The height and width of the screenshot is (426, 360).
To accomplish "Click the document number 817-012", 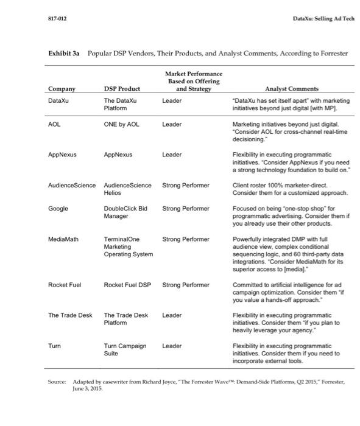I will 58,19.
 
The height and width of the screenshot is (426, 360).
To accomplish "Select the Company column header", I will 61,89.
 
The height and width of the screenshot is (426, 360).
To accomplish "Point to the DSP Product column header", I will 122,89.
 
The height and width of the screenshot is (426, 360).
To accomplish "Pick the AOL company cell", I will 54,124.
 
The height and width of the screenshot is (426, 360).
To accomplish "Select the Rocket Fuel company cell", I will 65,285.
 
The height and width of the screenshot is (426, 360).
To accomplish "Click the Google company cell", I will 58,208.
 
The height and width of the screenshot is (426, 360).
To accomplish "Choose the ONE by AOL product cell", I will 122,124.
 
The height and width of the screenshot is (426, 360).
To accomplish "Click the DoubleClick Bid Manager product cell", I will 125,212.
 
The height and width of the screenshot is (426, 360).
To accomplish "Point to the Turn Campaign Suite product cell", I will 125,349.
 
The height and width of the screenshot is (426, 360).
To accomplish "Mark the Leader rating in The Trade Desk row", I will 172,315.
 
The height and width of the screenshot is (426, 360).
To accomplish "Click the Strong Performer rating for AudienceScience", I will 186,185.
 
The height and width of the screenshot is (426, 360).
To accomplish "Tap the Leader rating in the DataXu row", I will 172,101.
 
